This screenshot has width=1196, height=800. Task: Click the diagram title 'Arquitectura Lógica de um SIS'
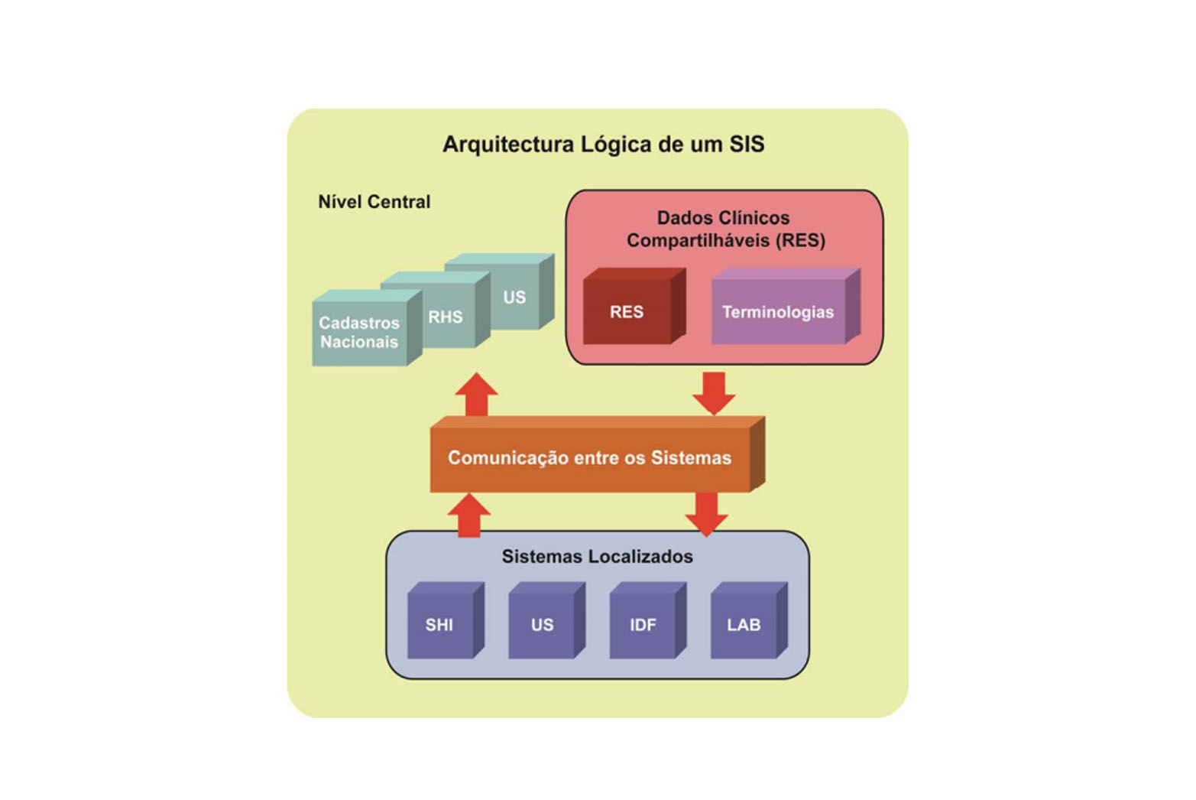(603, 145)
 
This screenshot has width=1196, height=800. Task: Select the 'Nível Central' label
(374, 202)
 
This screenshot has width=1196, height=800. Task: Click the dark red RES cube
(634, 306)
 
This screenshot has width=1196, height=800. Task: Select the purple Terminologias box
(786, 306)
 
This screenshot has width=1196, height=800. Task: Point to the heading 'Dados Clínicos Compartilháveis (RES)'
(725, 229)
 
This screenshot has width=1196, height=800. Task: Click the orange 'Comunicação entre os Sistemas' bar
(598, 454)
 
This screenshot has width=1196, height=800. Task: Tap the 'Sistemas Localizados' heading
(598, 556)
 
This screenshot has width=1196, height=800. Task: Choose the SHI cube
(446, 620)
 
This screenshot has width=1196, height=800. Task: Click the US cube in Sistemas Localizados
(546, 620)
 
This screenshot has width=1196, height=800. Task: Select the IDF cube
(647, 620)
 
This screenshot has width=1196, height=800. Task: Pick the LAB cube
(749, 620)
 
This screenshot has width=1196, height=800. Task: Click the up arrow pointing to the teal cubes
(477, 395)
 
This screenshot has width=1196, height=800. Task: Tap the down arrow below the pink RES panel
(714, 394)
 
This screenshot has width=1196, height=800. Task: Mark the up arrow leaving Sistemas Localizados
(468, 515)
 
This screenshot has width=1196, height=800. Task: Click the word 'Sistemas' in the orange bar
(691, 458)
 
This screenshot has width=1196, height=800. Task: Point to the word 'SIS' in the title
(747, 145)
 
